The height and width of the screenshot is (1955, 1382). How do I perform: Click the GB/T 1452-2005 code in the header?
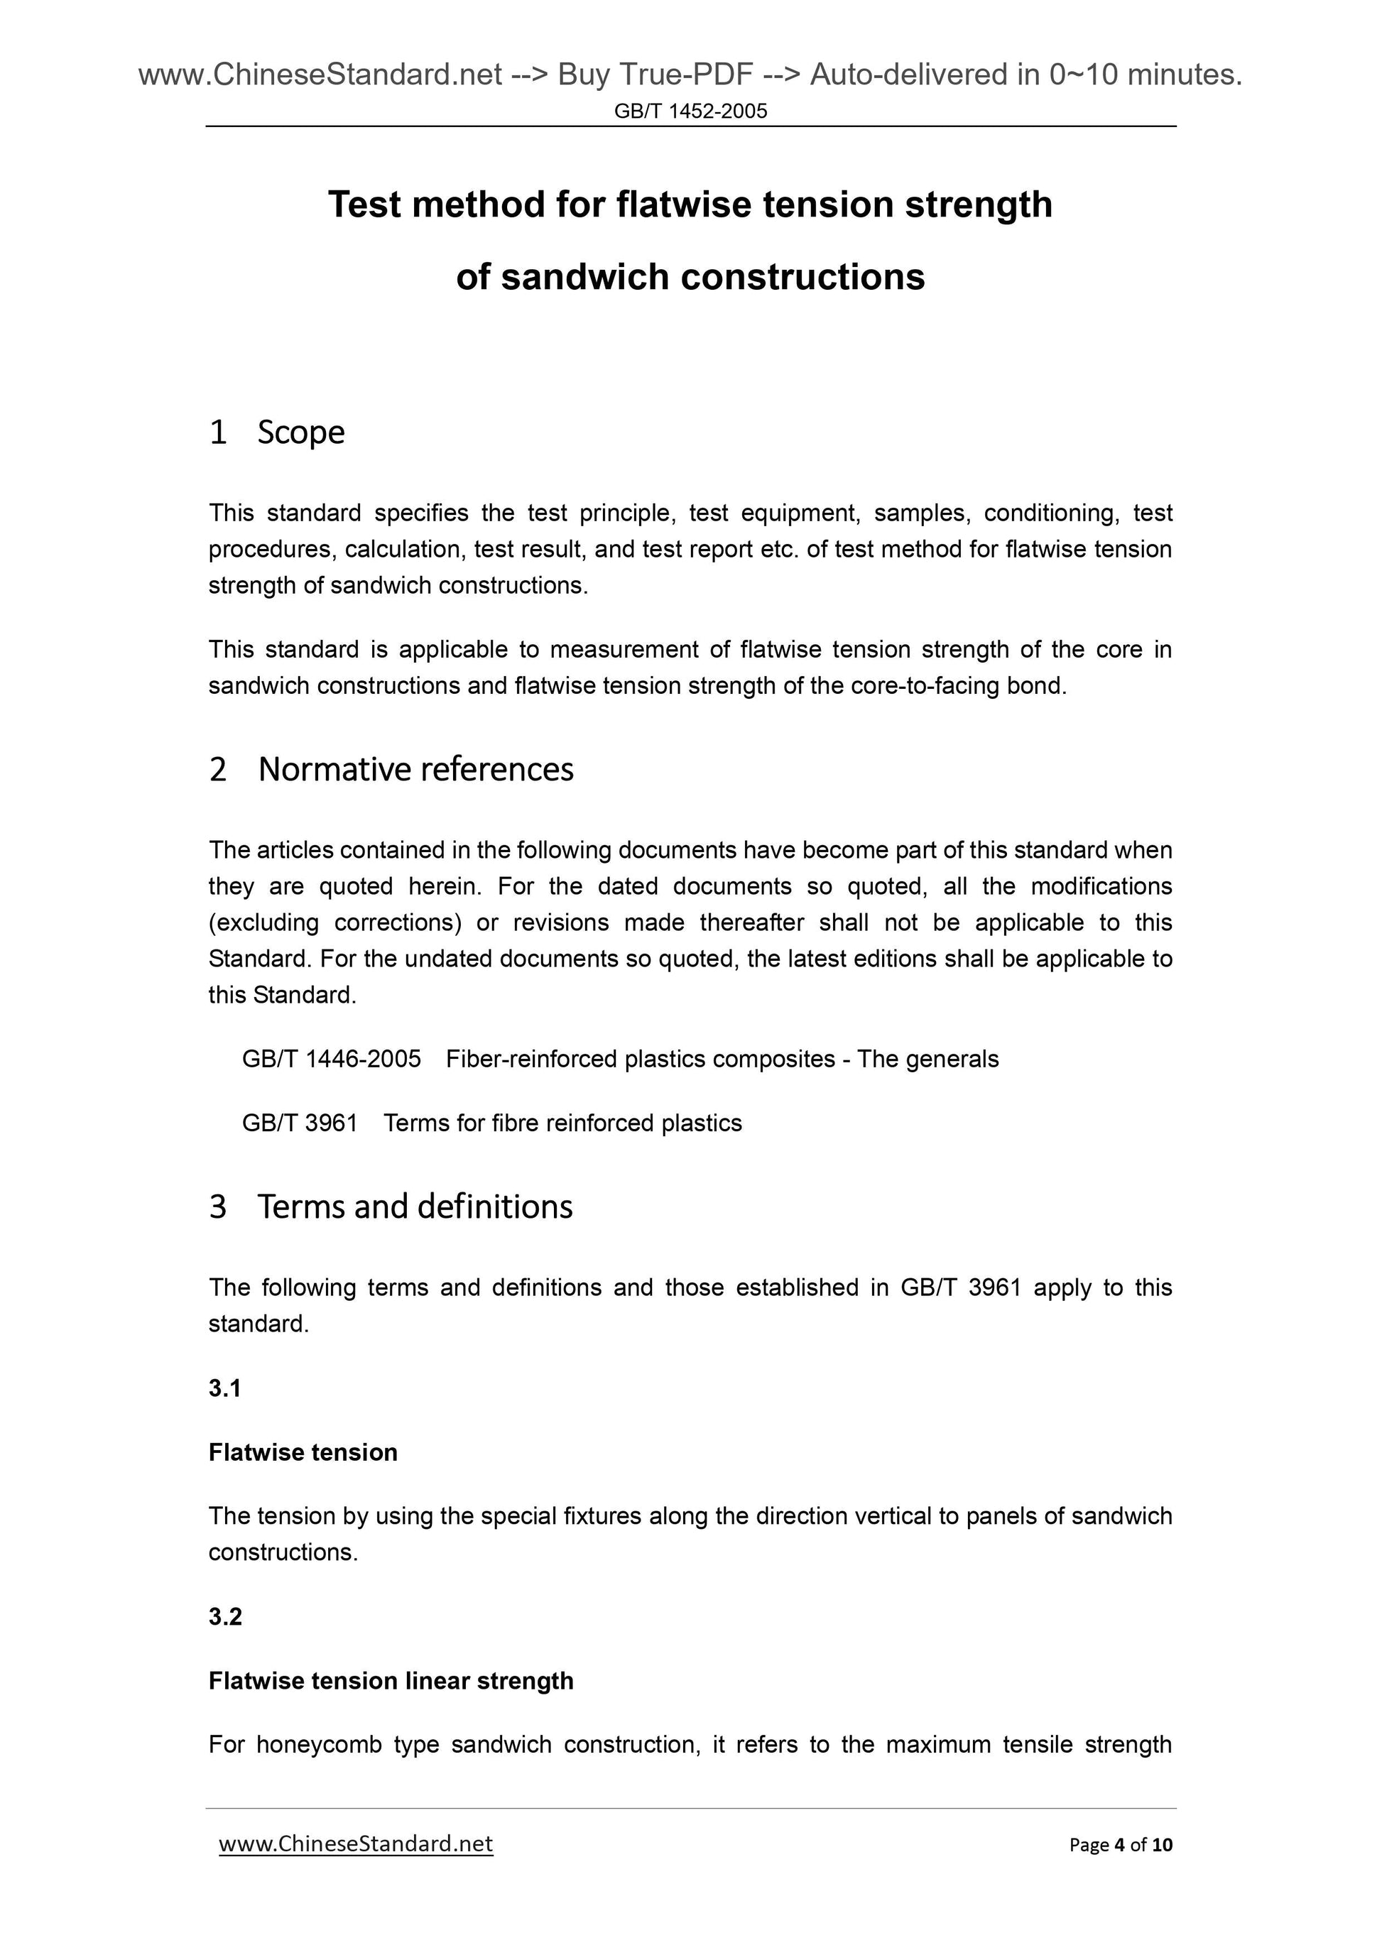690,111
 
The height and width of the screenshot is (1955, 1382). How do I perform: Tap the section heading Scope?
300,432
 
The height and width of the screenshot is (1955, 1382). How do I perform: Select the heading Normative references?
415,770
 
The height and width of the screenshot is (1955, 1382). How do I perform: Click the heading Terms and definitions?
415,1207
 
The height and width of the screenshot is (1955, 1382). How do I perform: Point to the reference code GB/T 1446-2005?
331,1060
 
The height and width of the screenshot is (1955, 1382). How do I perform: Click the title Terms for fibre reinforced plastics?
563,1123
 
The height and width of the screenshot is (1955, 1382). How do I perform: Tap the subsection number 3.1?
225,1389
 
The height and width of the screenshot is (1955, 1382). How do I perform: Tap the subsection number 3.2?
225,1617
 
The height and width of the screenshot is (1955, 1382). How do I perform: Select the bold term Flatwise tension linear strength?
391,1681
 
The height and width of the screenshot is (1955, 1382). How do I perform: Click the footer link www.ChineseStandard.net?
356,1844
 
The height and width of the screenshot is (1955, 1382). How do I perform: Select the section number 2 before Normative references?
218,770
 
